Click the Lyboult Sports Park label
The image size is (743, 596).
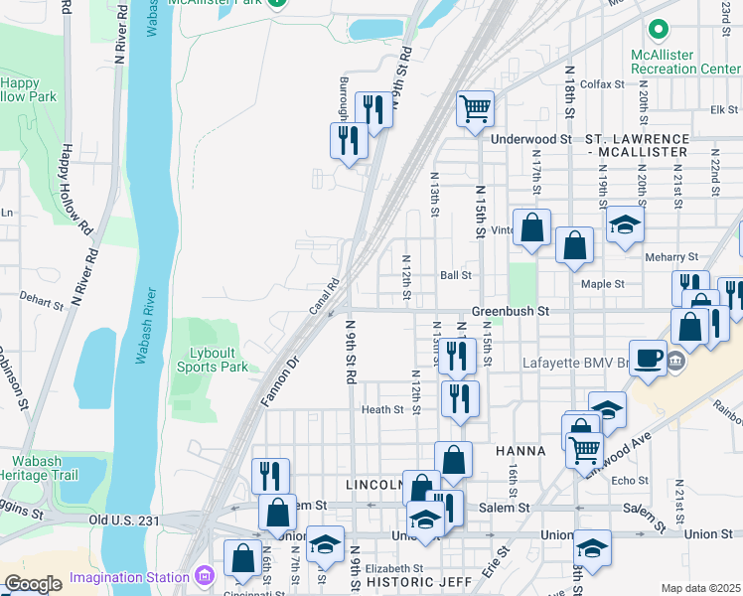[219, 360]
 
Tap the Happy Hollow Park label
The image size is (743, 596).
[28, 89]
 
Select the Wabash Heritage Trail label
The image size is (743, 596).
[44, 468]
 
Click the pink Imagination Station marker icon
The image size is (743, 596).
[206, 576]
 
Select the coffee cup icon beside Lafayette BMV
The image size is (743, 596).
[648, 357]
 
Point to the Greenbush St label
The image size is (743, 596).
[511, 311]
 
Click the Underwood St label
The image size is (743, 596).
[531, 139]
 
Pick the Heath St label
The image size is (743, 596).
[382, 409]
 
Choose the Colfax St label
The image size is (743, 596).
[602, 84]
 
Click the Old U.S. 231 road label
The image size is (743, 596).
[124, 520]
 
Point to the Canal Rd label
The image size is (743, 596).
[325, 297]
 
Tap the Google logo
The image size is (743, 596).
[33, 584]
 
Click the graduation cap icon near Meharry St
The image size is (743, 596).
[625, 225]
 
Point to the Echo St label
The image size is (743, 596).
[630, 480]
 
